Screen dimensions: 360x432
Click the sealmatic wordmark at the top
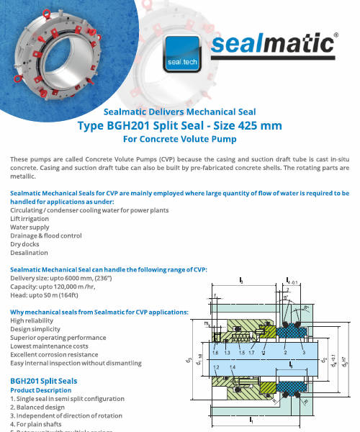click(272, 45)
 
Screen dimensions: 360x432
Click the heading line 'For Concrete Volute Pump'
click(179, 139)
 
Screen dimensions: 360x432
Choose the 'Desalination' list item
click(29, 253)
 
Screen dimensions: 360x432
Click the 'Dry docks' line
click(25, 244)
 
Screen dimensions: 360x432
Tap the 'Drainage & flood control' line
click(46, 235)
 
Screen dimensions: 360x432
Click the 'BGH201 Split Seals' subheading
click(48, 380)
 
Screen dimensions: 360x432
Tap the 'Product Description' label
click(40, 390)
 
